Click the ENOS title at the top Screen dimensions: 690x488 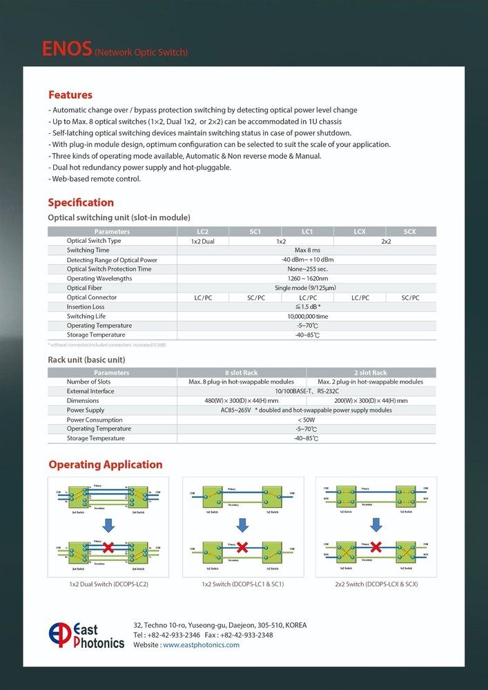(x=67, y=49)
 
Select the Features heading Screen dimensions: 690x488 (x=70, y=95)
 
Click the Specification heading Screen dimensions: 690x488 (x=81, y=202)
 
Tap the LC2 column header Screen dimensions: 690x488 (x=203, y=232)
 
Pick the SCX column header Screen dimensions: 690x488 (x=410, y=232)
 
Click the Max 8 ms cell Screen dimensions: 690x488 (x=307, y=250)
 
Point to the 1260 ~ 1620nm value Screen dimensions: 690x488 (x=307, y=278)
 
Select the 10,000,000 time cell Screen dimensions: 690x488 (x=307, y=316)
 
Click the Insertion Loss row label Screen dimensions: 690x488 (x=86, y=306)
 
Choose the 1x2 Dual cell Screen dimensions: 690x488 (x=203, y=241)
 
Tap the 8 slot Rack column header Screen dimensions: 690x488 (x=242, y=373)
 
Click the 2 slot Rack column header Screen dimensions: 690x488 (x=371, y=373)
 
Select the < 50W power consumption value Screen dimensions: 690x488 (x=307, y=420)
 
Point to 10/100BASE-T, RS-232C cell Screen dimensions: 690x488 (x=307, y=391)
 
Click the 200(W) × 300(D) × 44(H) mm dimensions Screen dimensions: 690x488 (x=371, y=401)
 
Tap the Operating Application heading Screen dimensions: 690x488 (x=105, y=464)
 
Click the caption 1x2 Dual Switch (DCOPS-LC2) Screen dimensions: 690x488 (x=108, y=584)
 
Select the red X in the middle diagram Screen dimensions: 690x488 (x=242, y=547)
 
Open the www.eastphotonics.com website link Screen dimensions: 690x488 (x=201, y=644)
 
